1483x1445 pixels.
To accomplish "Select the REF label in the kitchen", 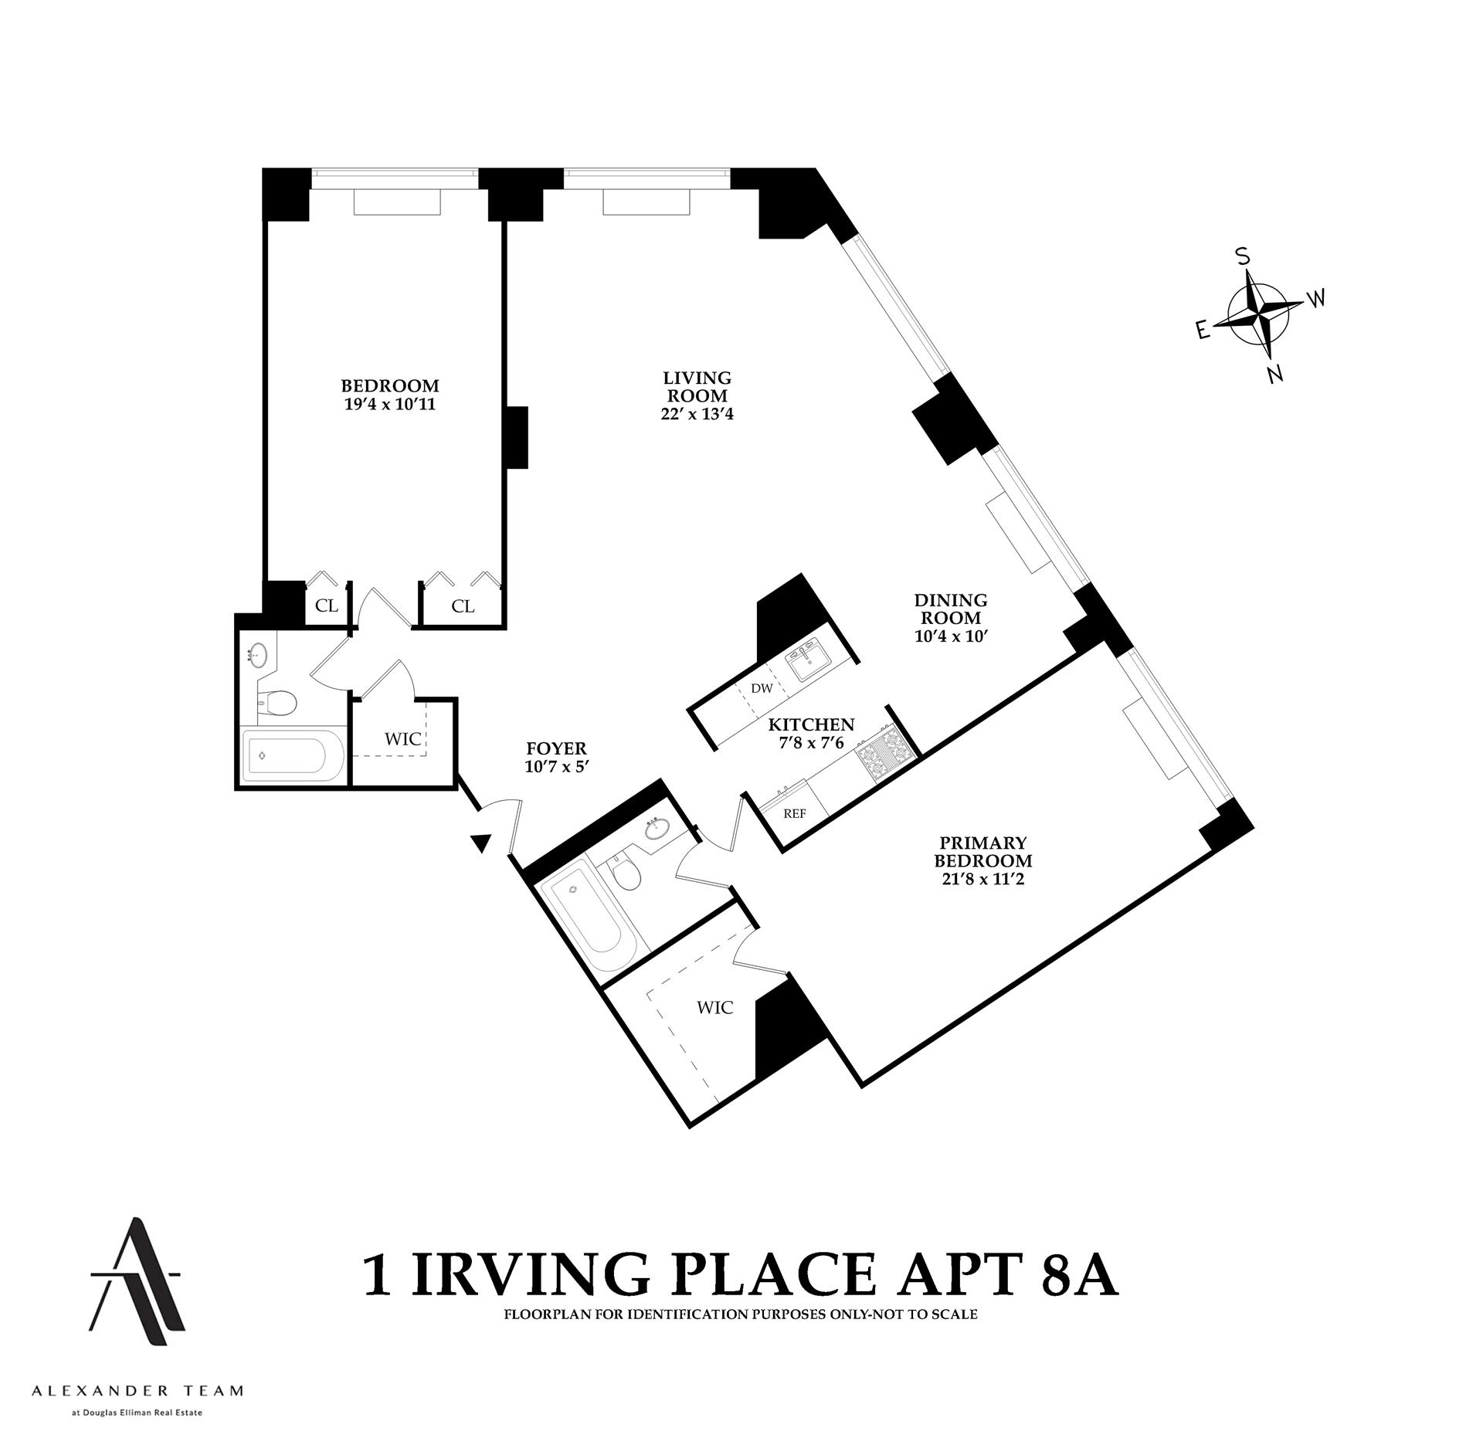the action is click(795, 813).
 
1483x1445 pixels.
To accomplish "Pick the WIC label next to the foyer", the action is click(403, 739).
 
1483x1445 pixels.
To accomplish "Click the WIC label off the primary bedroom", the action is click(714, 1007).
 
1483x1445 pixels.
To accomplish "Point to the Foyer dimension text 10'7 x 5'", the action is click(556, 765).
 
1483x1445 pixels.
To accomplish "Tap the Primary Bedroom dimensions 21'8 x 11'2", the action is click(982, 878).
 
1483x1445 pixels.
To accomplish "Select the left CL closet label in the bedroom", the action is click(327, 605).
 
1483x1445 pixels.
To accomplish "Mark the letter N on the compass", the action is click(1276, 375).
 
